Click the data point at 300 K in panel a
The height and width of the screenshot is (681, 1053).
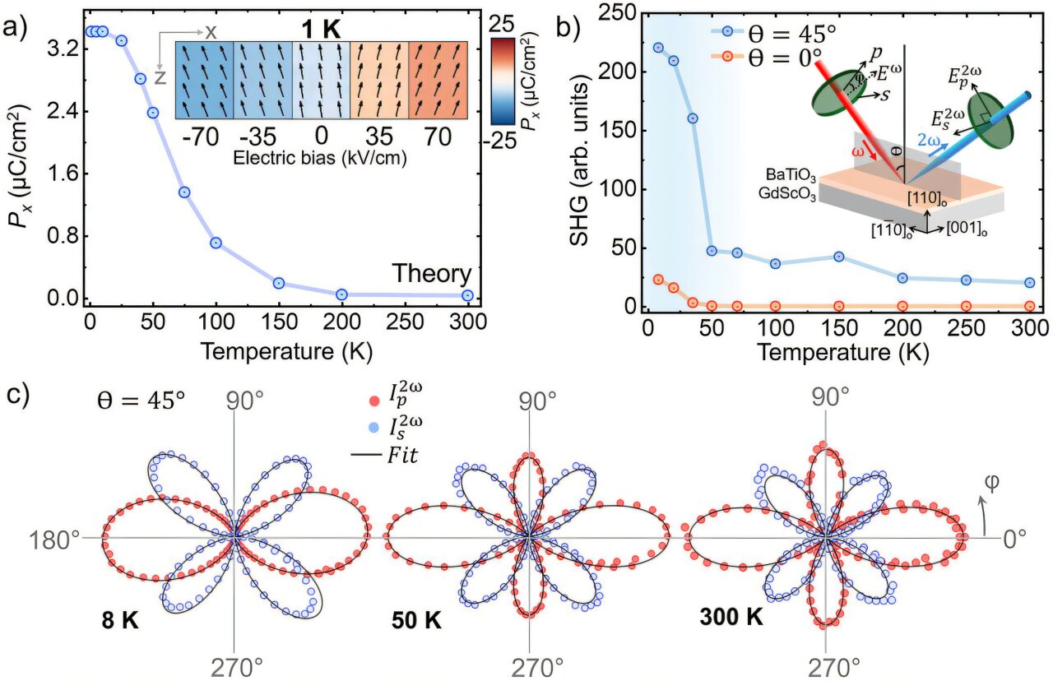[x=467, y=295]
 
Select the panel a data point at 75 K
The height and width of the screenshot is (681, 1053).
[x=184, y=192]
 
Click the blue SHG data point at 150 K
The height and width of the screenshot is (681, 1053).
[x=839, y=257]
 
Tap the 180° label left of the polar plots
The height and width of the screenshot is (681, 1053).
[x=58, y=540]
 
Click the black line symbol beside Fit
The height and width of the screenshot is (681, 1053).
[x=378, y=452]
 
